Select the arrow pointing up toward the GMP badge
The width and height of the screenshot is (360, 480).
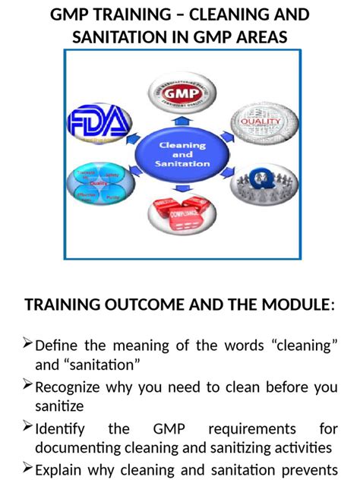click(182, 119)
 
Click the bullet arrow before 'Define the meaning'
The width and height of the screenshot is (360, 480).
click(28, 345)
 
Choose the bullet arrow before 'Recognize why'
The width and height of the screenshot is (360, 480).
click(28, 386)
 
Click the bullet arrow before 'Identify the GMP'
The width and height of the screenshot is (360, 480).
click(28, 427)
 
